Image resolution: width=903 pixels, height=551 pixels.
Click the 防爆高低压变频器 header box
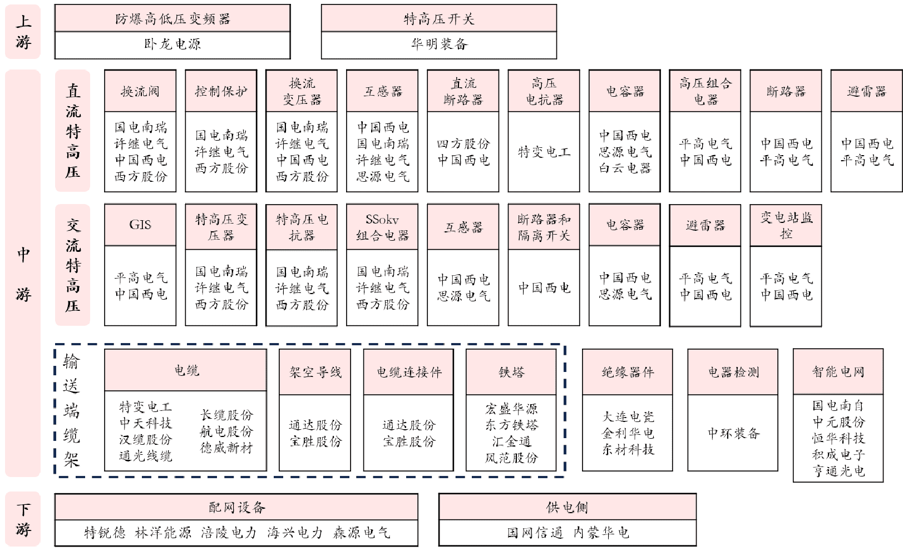[x=172, y=18]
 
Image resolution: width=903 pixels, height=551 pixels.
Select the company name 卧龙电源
[x=172, y=44]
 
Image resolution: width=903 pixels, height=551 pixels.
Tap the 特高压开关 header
[x=439, y=18]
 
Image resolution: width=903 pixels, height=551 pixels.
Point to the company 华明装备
[x=440, y=44]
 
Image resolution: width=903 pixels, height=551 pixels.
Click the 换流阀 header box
[x=140, y=91]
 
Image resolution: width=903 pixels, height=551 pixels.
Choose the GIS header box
[x=140, y=225]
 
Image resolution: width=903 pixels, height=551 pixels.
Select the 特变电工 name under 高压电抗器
[x=544, y=152]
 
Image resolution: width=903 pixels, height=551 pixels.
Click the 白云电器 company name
[x=625, y=168]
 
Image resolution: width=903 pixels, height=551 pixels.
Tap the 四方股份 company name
[x=463, y=144]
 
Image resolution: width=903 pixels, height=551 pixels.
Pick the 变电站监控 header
[x=786, y=226]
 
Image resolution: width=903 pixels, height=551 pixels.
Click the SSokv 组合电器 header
[x=382, y=227]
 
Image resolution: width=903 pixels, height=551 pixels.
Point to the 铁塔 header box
[x=511, y=372]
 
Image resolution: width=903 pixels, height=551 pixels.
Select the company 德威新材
[x=226, y=448]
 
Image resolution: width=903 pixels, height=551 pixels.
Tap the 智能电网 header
[x=838, y=371]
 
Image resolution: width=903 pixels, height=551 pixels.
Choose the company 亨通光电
[x=838, y=471]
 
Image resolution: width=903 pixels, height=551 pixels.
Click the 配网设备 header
[x=236, y=507]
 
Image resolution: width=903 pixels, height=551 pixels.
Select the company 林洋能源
[x=163, y=533]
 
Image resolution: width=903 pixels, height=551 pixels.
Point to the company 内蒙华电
[x=601, y=533]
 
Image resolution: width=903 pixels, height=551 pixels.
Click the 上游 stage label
[x=23, y=32]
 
